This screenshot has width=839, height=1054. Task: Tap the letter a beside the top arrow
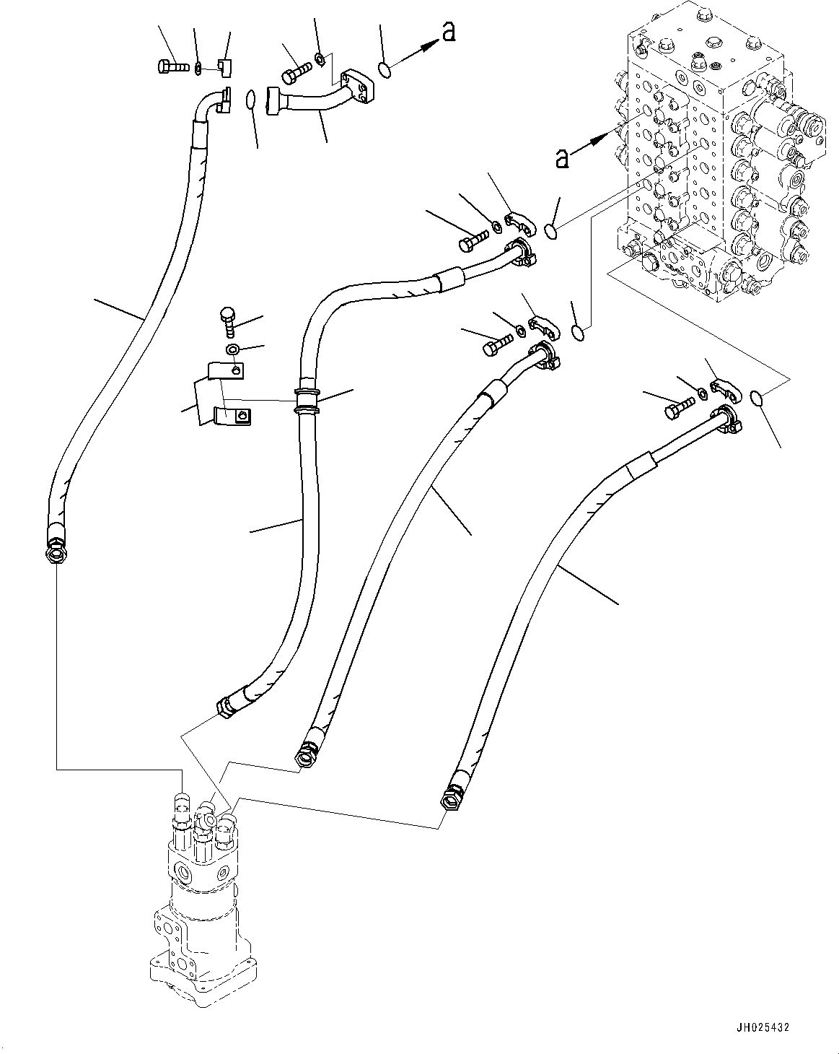tap(449, 31)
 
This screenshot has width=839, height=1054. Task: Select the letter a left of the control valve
tap(561, 157)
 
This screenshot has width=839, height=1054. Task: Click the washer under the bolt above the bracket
tap(231, 350)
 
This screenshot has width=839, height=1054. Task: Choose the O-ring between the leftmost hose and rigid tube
tap(250, 99)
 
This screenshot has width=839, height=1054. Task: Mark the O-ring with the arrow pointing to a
tap(385, 69)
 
